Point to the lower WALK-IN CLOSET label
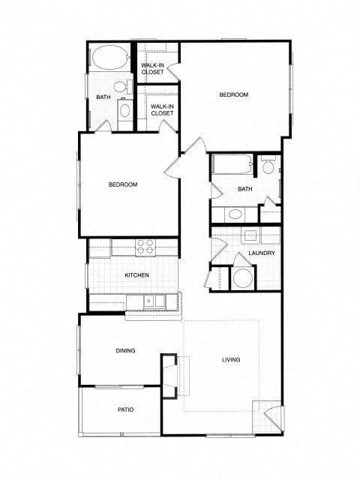[161, 109]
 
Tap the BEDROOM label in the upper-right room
[233, 95]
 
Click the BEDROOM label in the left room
[122, 185]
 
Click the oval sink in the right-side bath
[235, 214]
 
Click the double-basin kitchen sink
[155, 301]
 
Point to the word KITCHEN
[136, 275]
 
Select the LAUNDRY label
[262, 253]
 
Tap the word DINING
[124, 350]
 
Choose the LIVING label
[231, 361]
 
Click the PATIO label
[124, 409]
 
